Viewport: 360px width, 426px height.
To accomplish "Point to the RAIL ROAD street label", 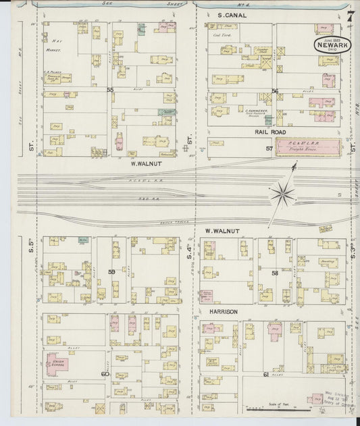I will (x=272, y=132).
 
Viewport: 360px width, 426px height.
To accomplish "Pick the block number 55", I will (x=109, y=89).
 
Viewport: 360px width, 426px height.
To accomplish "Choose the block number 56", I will (x=275, y=90).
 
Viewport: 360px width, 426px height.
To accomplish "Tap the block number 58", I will (x=275, y=273).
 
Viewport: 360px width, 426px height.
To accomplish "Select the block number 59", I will (x=111, y=271).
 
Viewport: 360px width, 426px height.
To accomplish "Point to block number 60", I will (x=105, y=373).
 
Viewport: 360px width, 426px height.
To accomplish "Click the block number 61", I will (x=266, y=374).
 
